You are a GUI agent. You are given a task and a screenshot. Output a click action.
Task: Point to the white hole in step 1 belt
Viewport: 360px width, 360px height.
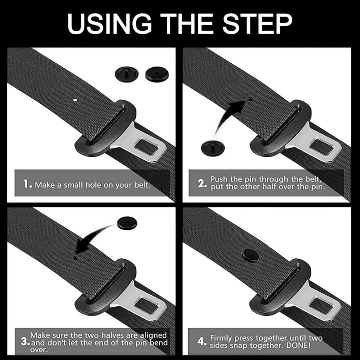tap(75, 99)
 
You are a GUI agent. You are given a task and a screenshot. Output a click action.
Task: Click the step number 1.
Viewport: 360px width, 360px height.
tap(27, 185)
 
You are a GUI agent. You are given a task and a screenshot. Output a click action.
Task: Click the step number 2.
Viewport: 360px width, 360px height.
tap(202, 183)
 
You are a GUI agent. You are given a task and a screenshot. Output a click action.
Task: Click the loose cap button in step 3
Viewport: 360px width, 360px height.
tap(127, 223)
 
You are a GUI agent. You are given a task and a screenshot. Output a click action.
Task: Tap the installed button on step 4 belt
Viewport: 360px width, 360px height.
tap(251, 255)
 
